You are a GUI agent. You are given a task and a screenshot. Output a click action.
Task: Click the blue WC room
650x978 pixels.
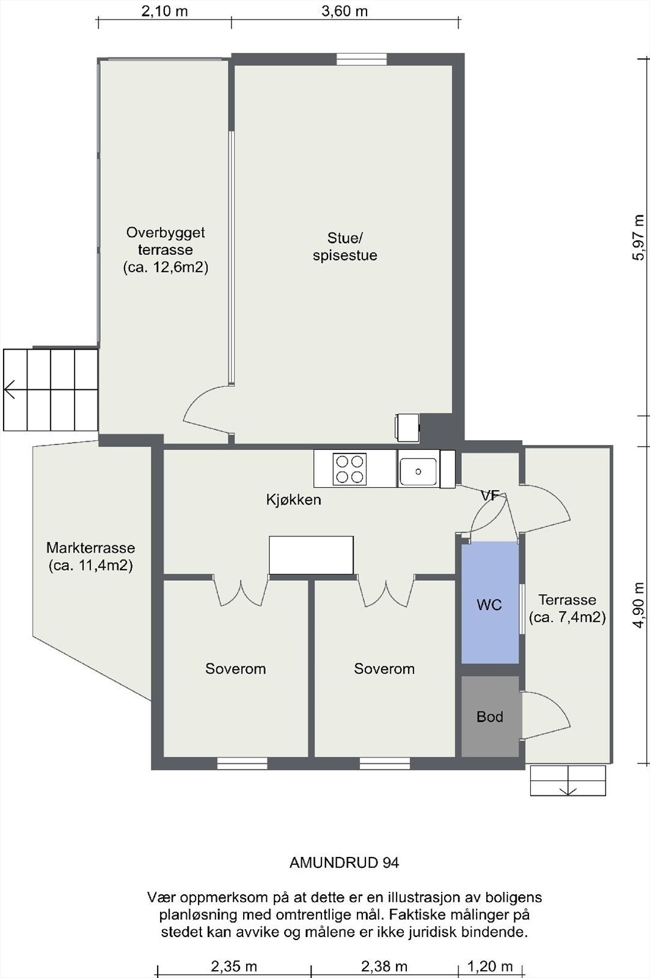(x=490, y=603)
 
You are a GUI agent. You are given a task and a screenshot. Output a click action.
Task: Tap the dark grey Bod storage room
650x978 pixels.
(x=490, y=716)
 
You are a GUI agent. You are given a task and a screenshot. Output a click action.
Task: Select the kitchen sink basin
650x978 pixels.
(x=418, y=471)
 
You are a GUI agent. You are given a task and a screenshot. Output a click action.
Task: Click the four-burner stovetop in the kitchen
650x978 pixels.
(x=349, y=469)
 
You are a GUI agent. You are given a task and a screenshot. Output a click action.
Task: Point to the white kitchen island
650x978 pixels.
(x=311, y=555)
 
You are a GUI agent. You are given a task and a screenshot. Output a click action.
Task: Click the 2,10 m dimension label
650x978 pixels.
(x=164, y=11)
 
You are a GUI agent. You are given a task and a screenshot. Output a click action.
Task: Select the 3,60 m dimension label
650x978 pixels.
(x=345, y=11)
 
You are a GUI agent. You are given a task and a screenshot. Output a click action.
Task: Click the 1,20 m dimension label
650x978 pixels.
(x=490, y=966)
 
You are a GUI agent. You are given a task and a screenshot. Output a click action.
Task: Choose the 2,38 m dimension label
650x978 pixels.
(x=384, y=966)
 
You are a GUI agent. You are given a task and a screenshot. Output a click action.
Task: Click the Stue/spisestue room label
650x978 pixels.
(x=345, y=247)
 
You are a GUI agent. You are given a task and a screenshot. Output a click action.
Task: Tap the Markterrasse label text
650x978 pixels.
(x=91, y=548)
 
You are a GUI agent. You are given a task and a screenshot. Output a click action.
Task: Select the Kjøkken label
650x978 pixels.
(x=294, y=499)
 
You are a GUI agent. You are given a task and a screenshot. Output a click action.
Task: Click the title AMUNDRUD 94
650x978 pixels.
(x=344, y=862)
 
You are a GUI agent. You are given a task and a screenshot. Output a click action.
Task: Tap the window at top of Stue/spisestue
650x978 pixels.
(x=362, y=59)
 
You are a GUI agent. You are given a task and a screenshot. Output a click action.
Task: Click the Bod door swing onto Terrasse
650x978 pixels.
(x=547, y=716)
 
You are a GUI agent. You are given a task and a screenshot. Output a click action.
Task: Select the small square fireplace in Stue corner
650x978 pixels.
(x=407, y=427)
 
